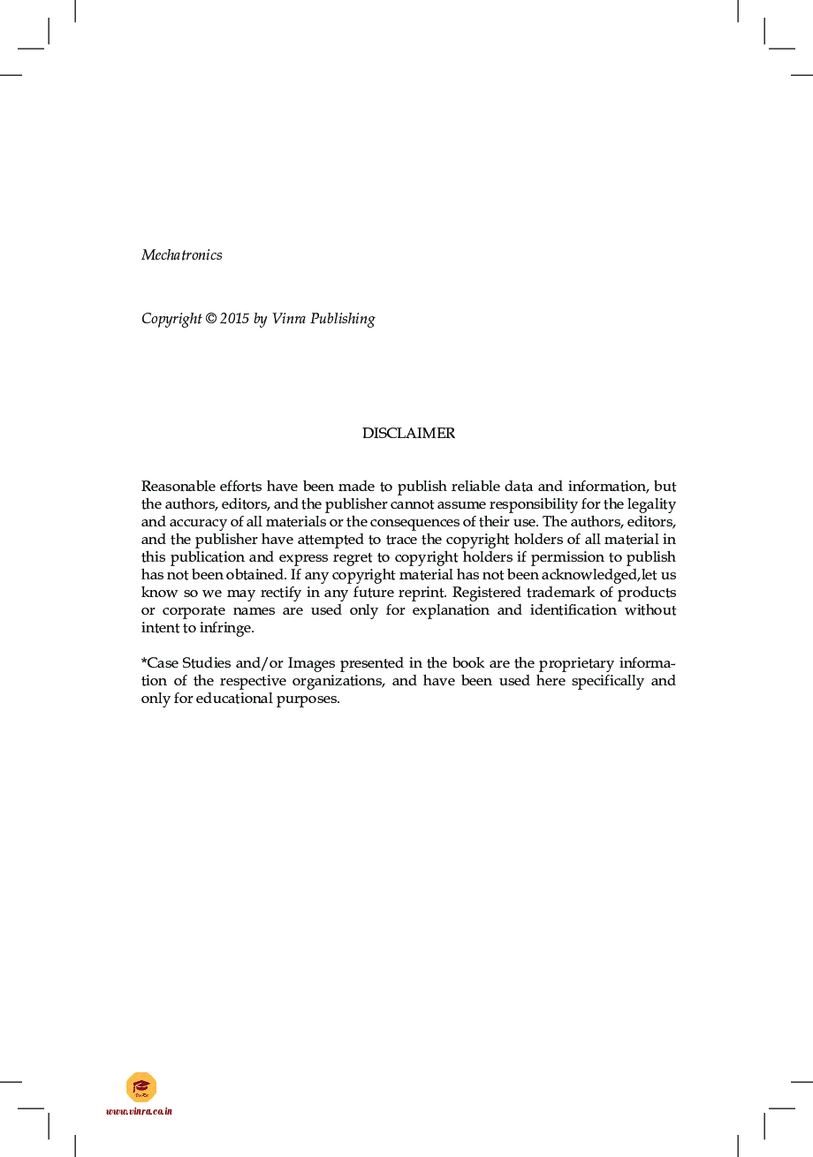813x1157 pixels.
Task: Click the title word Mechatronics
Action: (x=181, y=255)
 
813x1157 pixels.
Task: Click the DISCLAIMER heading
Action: (x=408, y=434)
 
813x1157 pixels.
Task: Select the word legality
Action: (x=650, y=504)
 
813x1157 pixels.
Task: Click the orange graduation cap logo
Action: (x=141, y=1086)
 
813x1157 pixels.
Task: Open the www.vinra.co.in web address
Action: (x=140, y=1111)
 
